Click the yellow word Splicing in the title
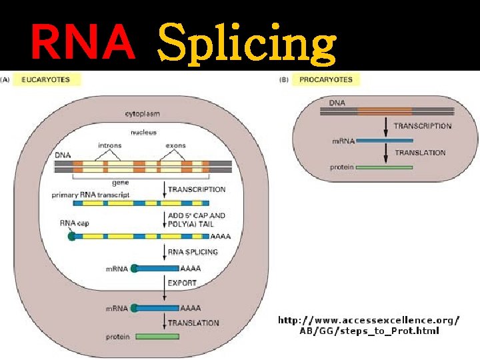[x=246, y=43]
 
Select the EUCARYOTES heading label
[x=45, y=80]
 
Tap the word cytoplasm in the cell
[x=143, y=114]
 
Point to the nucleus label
[x=143, y=132]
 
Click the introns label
[x=109, y=145]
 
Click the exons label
[x=176, y=145]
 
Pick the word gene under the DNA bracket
[x=139, y=181]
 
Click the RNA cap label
[x=74, y=223]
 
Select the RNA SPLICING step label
[x=193, y=252]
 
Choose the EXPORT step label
[x=182, y=283]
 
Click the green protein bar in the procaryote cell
[x=384, y=167]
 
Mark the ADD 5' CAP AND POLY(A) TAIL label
[x=197, y=219]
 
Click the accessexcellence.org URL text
[x=368, y=325]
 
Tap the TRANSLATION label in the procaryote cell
[x=420, y=153]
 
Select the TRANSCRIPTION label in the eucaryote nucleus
[x=197, y=189]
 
